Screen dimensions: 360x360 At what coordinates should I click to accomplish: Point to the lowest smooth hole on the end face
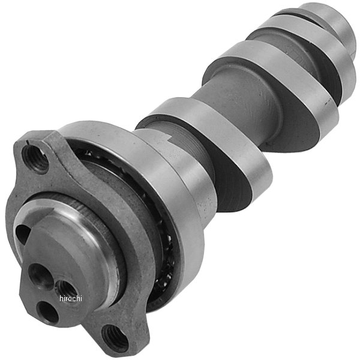click(x=46, y=311)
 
